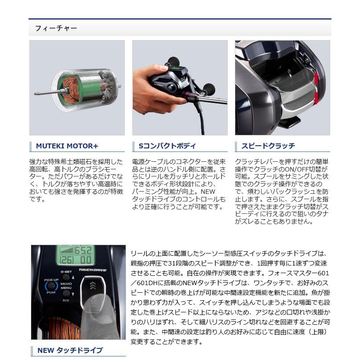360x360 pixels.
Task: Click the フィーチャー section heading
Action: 56,28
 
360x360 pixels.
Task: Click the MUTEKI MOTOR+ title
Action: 67,146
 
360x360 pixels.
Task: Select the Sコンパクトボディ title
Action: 167,146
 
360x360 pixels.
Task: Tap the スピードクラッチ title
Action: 268,146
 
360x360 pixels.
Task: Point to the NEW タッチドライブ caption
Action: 70,350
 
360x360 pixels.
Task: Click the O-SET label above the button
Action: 66,271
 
